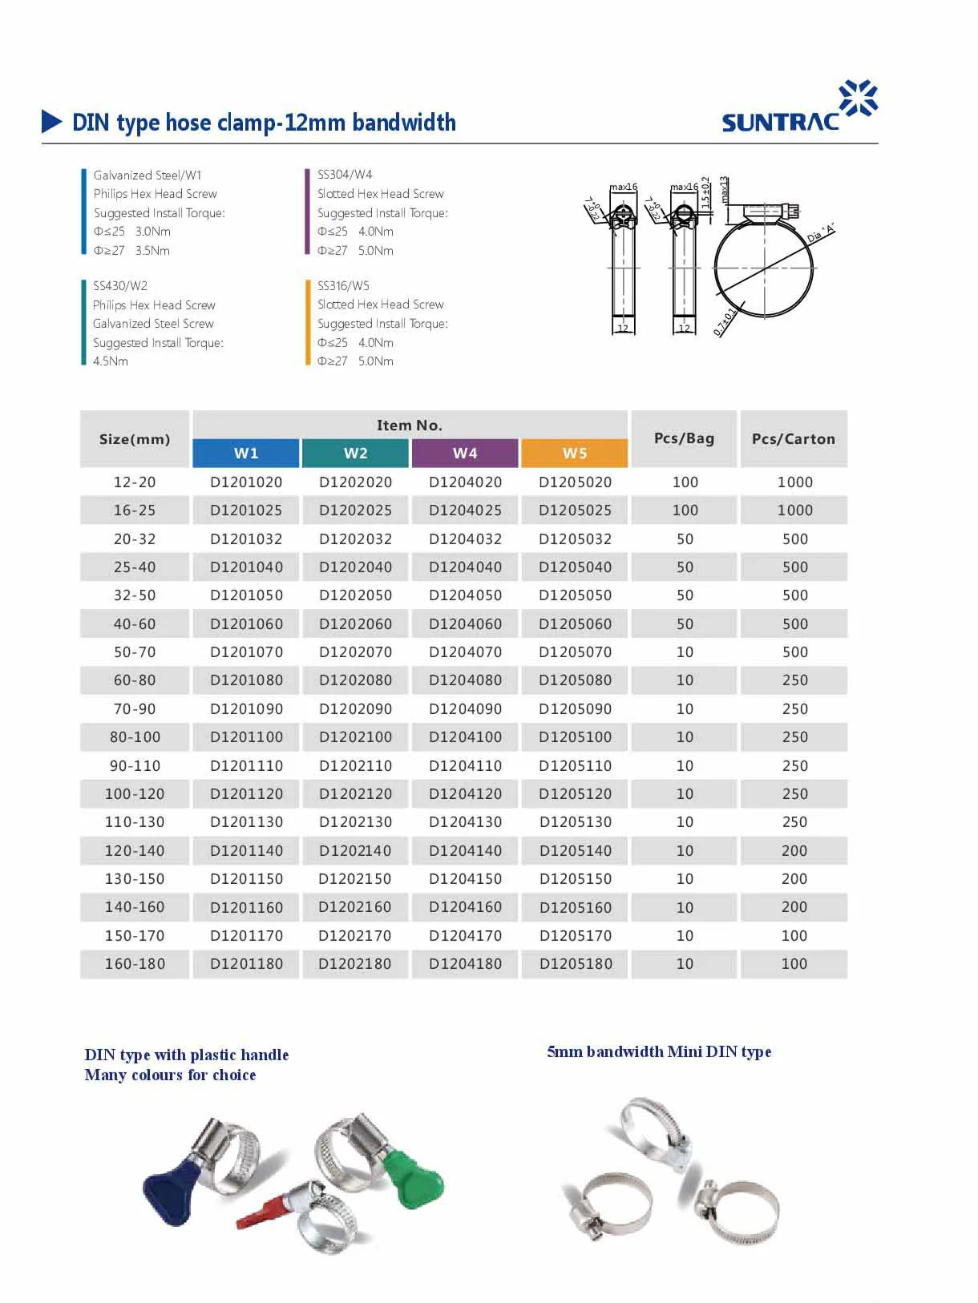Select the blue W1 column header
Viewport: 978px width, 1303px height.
(x=246, y=453)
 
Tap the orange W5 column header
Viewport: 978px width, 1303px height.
(x=574, y=453)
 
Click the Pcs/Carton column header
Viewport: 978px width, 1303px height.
(x=793, y=439)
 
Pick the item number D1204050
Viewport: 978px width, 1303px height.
(x=465, y=595)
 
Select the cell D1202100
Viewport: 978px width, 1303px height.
(x=355, y=737)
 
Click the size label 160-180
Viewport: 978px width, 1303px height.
(x=135, y=964)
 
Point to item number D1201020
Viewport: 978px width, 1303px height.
(x=246, y=482)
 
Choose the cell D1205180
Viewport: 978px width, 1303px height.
(x=575, y=964)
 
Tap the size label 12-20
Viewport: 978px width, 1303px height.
(x=135, y=482)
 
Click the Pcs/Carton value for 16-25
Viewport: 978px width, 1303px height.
(x=794, y=510)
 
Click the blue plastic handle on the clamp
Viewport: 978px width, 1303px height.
(x=173, y=1188)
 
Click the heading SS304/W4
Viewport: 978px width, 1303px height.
(x=345, y=174)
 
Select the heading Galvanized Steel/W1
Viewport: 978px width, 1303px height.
(x=148, y=175)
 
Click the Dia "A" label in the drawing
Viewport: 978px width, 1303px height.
(x=820, y=233)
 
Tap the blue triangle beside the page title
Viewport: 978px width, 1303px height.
(x=51, y=122)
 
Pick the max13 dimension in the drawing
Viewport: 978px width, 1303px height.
(x=725, y=189)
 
